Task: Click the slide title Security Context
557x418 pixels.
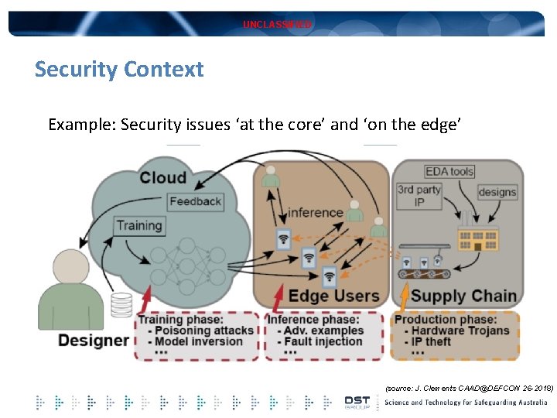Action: tap(119, 70)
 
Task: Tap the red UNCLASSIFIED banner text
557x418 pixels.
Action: tap(277, 25)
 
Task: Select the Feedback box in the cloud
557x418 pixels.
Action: tap(195, 201)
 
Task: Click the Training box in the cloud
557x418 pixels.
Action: tap(139, 226)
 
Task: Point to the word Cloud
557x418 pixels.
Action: tap(163, 177)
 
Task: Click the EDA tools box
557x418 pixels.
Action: tap(449, 171)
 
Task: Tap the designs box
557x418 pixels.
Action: tap(497, 192)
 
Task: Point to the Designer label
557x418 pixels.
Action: tap(94, 340)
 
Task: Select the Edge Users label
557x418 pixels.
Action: tap(333, 296)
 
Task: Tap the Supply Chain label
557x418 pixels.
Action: tap(463, 296)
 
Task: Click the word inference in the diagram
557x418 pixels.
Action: tap(315, 212)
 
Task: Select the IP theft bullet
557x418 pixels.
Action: tap(432, 341)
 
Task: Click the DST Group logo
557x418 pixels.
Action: tap(357, 402)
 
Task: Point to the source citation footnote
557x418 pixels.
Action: tap(469, 385)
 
